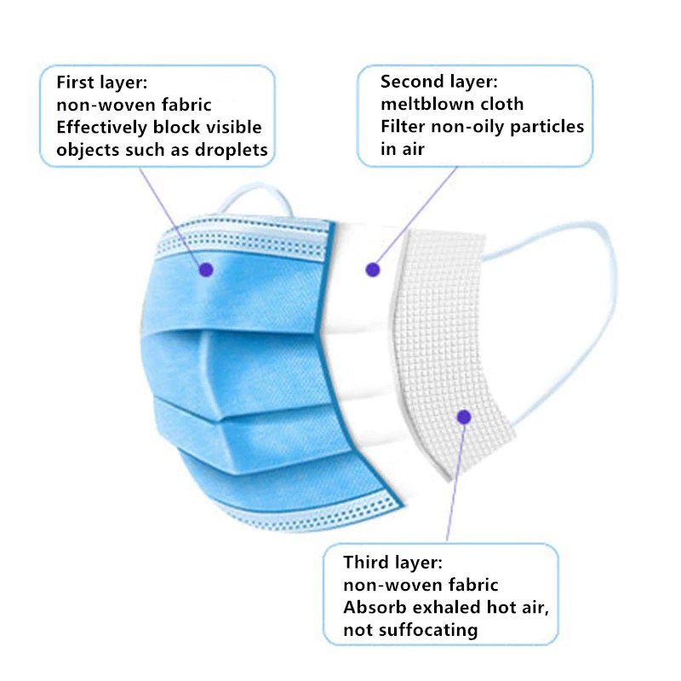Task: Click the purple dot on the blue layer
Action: pyautogui.click(x=205, y=269)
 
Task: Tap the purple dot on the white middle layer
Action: pyautogui.click(x=372, y=270)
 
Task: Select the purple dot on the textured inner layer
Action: pyautogui.click(x=464, y=417)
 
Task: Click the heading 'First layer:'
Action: pyautogui.click(x=102, y=83)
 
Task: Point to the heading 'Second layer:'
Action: pyautogui.click(x=438, y=82)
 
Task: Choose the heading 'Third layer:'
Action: pyautogui.click(x=393, y=563)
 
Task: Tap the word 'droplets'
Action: pyautogui.click(x=231, y=151)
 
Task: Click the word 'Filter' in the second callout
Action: pyautogui.click(x=403, y=128)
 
